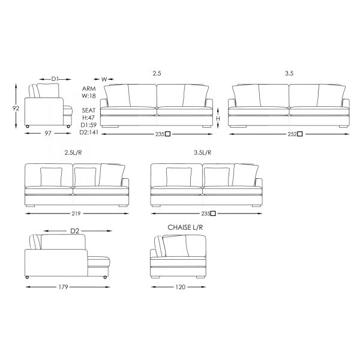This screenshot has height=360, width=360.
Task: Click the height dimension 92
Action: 16,108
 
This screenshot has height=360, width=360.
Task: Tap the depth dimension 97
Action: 48,133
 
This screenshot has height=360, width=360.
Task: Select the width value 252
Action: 292,134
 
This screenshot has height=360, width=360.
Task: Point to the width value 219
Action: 76,214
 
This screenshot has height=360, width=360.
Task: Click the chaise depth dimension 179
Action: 63,287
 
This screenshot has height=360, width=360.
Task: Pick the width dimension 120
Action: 180,287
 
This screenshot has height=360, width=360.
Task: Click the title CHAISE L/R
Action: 185,227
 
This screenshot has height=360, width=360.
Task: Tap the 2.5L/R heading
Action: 73,152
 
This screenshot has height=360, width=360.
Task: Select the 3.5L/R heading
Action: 203,152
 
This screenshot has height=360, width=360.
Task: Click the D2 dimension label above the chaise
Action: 74,231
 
